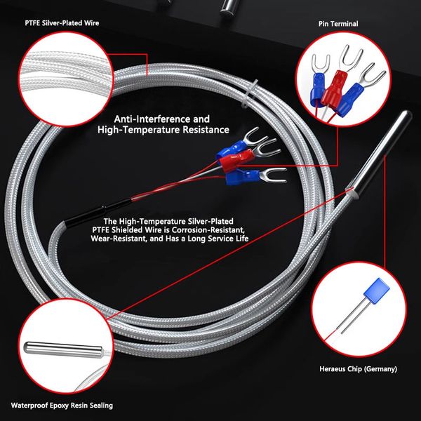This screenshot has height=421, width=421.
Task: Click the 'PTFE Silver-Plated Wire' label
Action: coord(62,23)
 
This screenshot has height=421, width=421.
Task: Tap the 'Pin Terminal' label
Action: coord(338,24)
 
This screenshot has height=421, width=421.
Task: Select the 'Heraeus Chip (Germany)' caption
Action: coord(358,369)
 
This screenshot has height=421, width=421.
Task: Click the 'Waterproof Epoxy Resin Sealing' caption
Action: coord(62,405)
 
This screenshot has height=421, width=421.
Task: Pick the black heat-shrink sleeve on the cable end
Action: coord(98,213)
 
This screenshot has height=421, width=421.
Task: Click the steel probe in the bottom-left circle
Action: coord(63,349)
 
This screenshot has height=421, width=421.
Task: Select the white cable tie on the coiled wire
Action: coord(250,94)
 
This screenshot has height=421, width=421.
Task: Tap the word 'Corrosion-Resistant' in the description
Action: coord(208,230)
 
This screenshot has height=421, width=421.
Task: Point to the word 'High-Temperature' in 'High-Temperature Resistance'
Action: coord(138,130)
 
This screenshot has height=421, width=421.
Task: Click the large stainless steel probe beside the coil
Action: coord(379,154)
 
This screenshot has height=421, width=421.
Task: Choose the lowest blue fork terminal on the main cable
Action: coord(255,176)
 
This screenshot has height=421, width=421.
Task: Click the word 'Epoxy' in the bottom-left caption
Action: coord(60,406)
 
